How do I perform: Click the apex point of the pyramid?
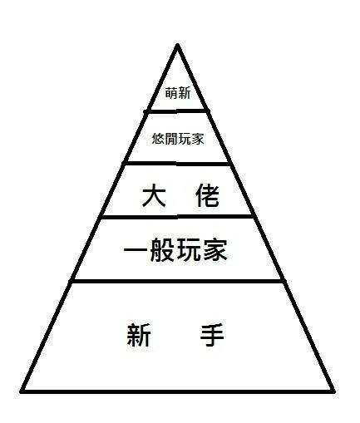[177, 45]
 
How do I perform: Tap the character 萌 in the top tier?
[171, 93]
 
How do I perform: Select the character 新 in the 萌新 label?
[185, 93]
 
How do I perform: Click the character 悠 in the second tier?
[159, 139]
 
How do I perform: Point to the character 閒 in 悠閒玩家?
[171, 139]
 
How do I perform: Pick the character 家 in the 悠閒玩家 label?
[197, 139]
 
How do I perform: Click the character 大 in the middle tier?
[154, 195]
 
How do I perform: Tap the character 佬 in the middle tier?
[207, 195]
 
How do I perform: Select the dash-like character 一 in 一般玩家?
[135, 250]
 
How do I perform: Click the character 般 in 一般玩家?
[162, 250]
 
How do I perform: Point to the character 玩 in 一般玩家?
[189, 250]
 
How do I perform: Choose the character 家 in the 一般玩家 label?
[215, 250]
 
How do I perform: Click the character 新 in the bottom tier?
[139, 335]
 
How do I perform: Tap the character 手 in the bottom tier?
[212, 335]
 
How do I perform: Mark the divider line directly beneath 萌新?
[176, 111]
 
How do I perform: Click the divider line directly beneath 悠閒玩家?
[177, 164]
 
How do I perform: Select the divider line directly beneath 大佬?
[177, 217]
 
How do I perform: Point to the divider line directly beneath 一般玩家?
[177, 281]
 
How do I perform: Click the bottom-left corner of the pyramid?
[21, 391]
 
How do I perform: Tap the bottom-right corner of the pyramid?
[334, 391]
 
